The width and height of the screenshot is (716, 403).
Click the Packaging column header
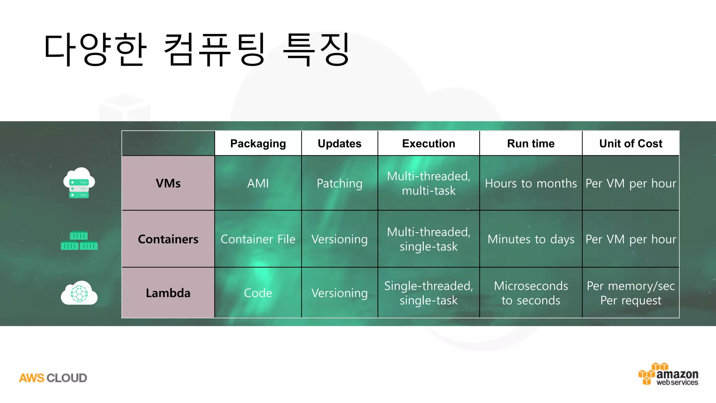click(x=258, y=143)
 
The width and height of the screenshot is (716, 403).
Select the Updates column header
click(x=339, y=143)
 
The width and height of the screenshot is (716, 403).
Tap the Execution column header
click(x=429, y=143)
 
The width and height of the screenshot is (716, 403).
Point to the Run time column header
click(x=531, y=143)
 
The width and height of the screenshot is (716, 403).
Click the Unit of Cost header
click(x=631, y=143)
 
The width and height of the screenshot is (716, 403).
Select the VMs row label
click(x=168, y=183)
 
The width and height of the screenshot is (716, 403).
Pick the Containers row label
click(x=168, y=239)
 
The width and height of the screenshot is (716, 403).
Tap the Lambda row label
click(x=168, y=293)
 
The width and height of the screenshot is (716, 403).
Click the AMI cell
click(x=258, y=183)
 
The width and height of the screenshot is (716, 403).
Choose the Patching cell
click(x=339, y=183)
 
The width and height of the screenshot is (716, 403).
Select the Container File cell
click(x=258, y=239)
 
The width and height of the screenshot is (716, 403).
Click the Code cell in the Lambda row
click(x=258, y=293)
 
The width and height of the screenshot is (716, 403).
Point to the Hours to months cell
click(x=531, y=183)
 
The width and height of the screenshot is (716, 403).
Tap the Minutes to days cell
click(x=531, y=239)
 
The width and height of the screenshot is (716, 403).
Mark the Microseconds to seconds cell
click(x=531, y=293)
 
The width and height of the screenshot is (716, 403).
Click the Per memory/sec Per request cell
click(x=631, y=293)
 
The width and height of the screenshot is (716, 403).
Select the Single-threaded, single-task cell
click(x=429, y=293)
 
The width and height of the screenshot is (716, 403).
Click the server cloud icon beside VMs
click(x=79, y=183)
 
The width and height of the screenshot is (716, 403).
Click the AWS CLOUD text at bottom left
click(x=53, y=378)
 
